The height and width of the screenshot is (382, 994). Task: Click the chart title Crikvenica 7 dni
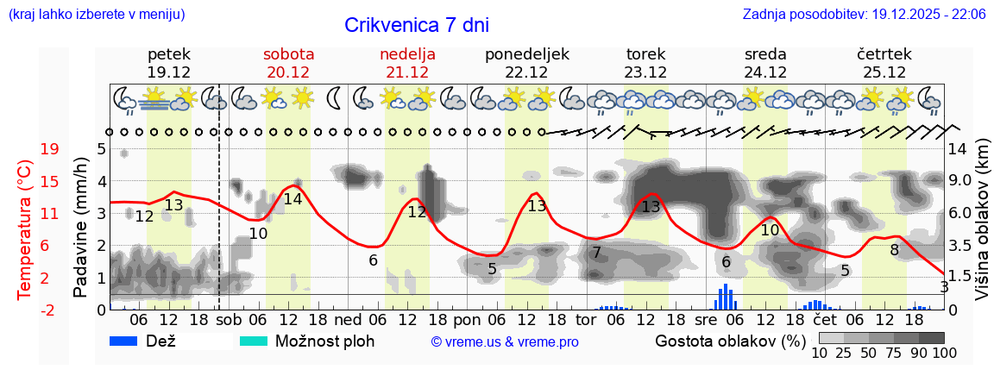[417, 25]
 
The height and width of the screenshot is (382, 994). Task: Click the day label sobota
[288, 54]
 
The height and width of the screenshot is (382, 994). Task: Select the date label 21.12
[407, 72]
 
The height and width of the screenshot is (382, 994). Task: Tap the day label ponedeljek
[526, 54]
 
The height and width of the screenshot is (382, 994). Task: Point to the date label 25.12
[884, 72]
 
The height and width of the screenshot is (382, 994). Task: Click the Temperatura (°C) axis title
[25, 228]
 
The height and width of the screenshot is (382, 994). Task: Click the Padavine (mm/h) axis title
[80, 228]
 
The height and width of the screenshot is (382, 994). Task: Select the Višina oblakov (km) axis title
[982, 228]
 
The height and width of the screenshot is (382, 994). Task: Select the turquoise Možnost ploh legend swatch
[254, 341]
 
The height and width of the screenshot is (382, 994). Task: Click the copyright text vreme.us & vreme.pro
[504, 342]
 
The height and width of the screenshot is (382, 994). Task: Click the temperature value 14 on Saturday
[293, 199]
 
